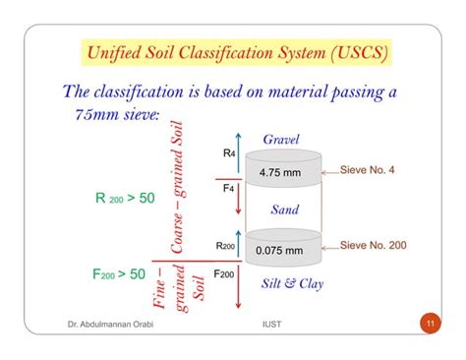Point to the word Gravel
pos(281,139)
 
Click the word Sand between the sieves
pos(284,210)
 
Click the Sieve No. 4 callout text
pos(367,170)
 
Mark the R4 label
pos(229,153)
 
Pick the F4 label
pos(229,187)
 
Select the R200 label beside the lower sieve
pos(225,245)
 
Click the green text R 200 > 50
pos(125,198)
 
